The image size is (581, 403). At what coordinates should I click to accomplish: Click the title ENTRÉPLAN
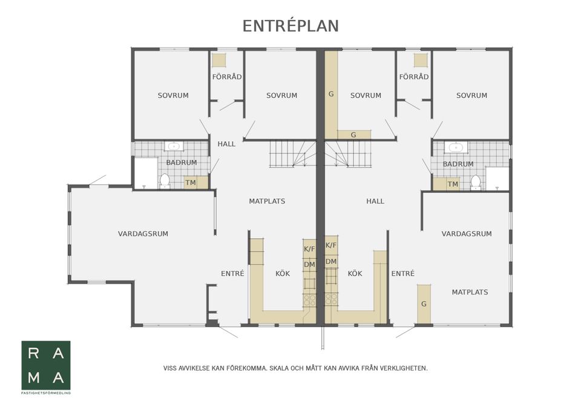pyautogui.click(x=290, y=26)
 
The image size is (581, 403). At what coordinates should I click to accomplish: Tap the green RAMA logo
pyautogui.click(x=46, y=365)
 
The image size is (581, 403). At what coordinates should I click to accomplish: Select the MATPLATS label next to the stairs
pyautogui.click(x=267, y=201)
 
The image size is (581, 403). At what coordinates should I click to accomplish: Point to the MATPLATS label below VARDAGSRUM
pyautogui.click(x=470, y=292)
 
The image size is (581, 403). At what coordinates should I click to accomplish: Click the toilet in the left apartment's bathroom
pyautogui.click(x=165, y=180)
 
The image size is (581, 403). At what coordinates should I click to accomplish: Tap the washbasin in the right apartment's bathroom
pyautogui.click(x=454, y=147)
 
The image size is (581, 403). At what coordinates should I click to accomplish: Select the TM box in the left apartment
pyautogui.click(x=191, y=182)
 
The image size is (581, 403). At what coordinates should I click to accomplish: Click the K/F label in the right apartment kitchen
pyautogui.click(x=331, y=245)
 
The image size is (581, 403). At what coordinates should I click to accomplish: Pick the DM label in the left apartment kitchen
pyautogui.click(x=309, y=264)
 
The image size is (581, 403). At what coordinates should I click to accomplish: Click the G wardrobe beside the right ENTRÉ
pyautogui.click(x=424, y=304)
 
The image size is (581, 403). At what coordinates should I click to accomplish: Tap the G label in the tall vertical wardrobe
pyautogui.click(x=331, y=95)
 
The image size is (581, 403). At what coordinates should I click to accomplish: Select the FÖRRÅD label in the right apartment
pyautogui.click(x=414, y=77)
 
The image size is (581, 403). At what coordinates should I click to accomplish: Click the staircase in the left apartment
pyautogui.click(x=292, y=154)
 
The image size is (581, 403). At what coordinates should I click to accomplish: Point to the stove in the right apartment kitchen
pyautogui.click(x=331, y=299)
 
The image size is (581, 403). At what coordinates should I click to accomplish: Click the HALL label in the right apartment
pyautogui.click(x=375, y=201)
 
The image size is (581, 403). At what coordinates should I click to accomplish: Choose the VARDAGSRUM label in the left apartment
pyautogui.click(x=143, y=233)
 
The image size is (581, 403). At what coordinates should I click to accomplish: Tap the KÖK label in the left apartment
pyautogui.click(x=283, y=274)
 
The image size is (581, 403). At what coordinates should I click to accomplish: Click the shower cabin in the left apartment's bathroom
pyautogui.click(x=145, y=173)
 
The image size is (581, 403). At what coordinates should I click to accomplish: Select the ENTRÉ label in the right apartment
pyautogui.click(x=402, y=274)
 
